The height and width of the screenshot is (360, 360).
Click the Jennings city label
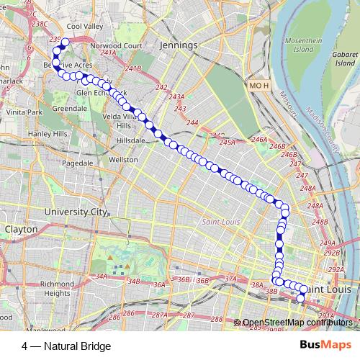pos(180,45)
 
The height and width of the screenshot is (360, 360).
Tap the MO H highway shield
pos(258,86)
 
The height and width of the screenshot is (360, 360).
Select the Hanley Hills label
pos(48,135)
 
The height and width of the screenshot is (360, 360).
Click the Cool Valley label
pos(86,26)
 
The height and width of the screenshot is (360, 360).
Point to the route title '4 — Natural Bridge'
pos(66,346)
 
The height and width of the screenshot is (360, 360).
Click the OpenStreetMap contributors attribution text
pos(298,323)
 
